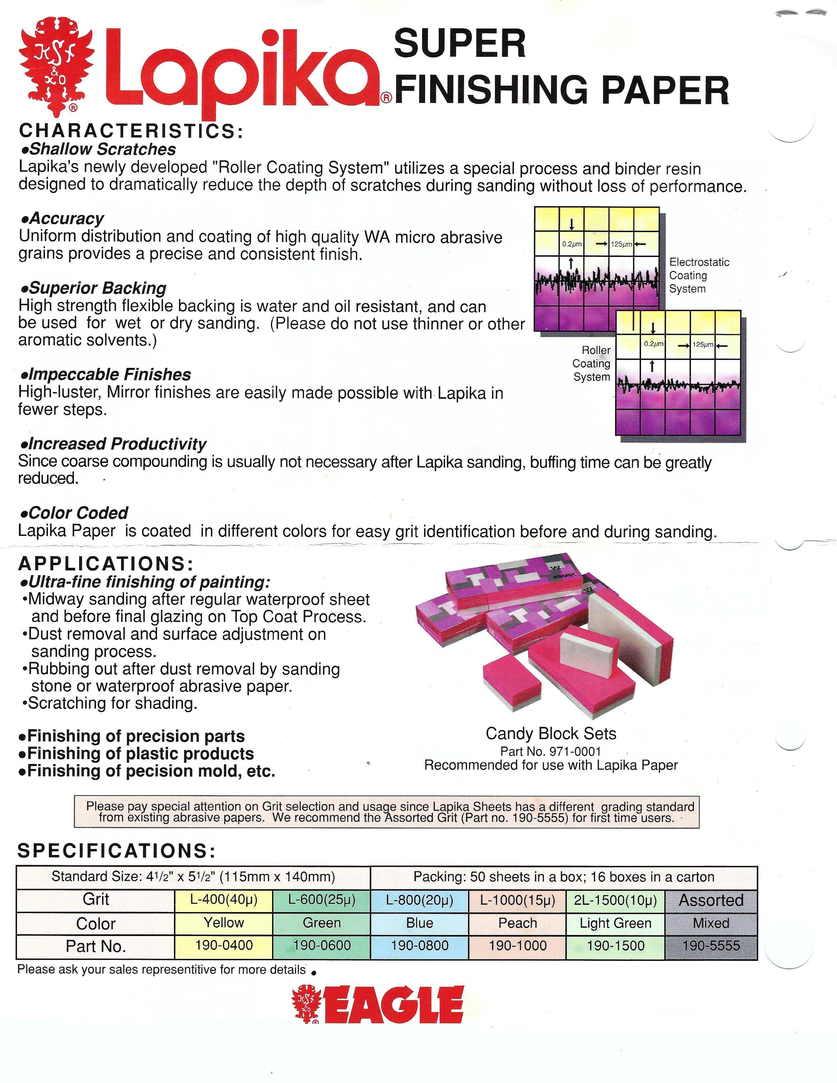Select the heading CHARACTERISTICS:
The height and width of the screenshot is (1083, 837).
click(x=131, y=131)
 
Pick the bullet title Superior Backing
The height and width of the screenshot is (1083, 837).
click(x=97, y=288)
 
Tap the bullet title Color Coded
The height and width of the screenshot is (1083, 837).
click(x=78, y=513)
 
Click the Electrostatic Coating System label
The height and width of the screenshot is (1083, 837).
click(x=699, y=275)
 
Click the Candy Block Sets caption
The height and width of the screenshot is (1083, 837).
click(x=550, y=733)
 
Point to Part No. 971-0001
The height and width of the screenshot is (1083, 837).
click(x=550, y=752)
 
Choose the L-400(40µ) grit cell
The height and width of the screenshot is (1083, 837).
click(x=224, y=900)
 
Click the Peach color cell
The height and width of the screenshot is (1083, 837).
click(x=517, y=923)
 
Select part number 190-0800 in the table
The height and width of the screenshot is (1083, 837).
click(x=419, y=945)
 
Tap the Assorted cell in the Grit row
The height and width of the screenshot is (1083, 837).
click(x=711, y=900)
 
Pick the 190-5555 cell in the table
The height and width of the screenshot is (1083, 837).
click(x=711, y=945)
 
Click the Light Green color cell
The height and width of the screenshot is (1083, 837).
click(x=615, y=923)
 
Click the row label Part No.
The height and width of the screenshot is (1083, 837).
click(x=96, y=946)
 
